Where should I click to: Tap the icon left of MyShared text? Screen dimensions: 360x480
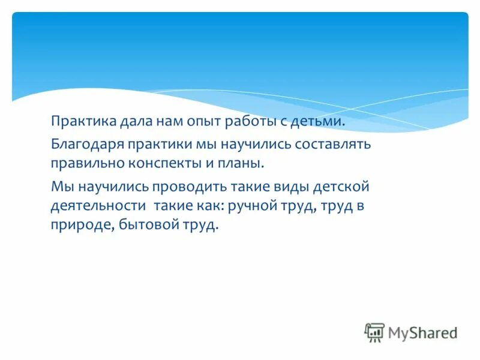(x=374, y=332)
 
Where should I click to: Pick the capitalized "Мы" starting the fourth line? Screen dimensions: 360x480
(x=60, y=186)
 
